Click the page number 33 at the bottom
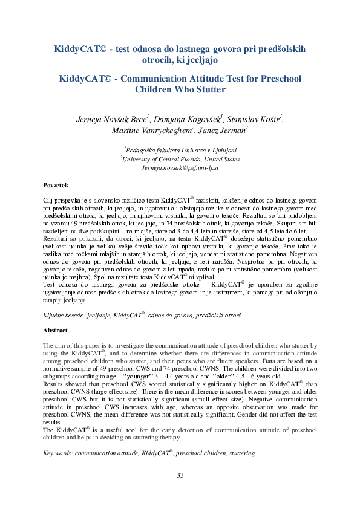click(x=180, y=475)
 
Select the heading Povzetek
click(x=56, y=184)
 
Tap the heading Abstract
click(x=55, y=331)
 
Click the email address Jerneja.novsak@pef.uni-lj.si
click(x=180, y=167)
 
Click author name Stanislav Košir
click(x=255, y=118)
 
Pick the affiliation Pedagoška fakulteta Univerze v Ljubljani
click(x=180, y=151)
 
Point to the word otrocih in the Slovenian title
click(x=159, y=60)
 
